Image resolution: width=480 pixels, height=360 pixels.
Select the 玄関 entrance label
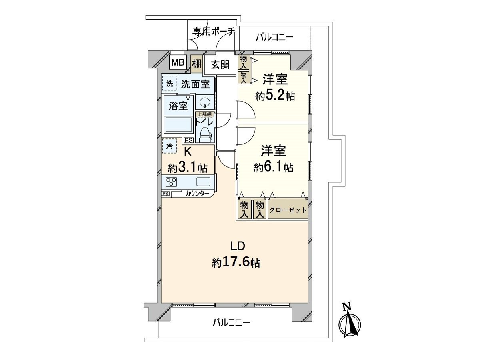click(220, 64)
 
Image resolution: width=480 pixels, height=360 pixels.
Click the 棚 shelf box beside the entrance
click(196, 63)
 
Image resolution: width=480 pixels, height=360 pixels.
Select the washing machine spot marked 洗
click(170, 84)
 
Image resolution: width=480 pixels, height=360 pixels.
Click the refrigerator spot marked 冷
click(170, 146)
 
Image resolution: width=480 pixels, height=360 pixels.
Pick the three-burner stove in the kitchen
click(172, 182)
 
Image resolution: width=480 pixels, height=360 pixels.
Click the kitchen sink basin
click(203, 182)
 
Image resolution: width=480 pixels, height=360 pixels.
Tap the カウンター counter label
click(197, 194)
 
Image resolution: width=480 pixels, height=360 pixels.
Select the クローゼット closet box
click(288, 210)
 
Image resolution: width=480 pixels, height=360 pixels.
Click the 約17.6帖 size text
click(236, 262)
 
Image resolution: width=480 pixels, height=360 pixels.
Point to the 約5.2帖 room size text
click(275, 96)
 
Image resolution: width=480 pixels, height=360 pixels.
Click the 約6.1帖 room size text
click(273, 167)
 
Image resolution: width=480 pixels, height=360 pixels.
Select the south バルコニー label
click(231, 322)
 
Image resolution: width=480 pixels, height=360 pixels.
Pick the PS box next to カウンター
click(165, 194)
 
